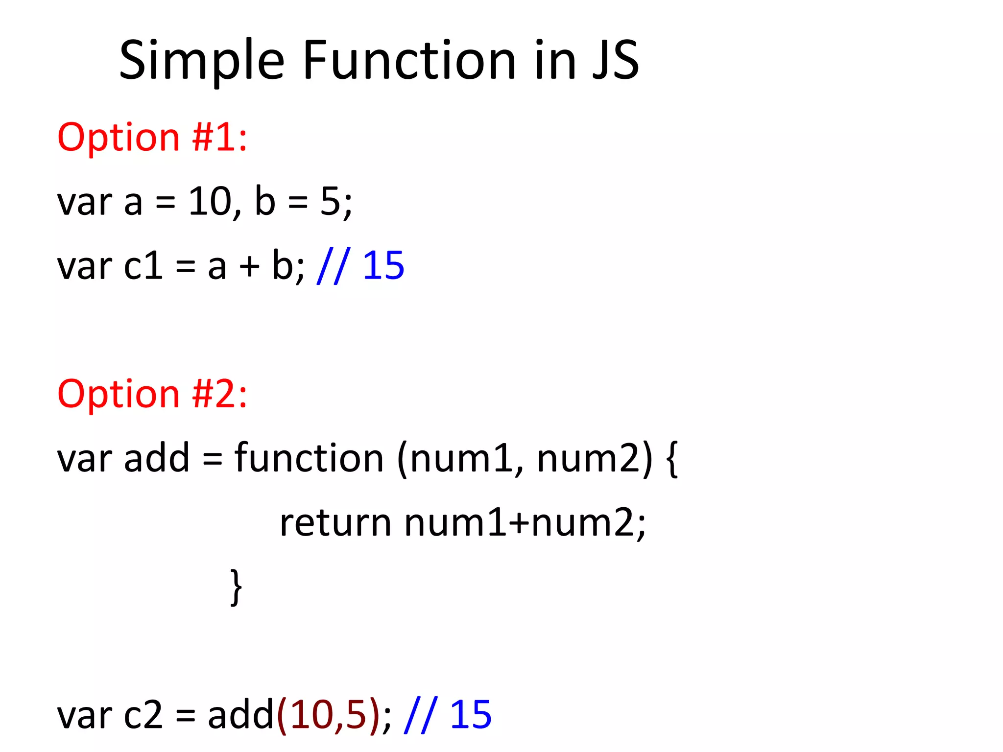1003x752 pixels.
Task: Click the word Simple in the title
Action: pos(201,61)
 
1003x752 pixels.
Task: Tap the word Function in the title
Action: pos(409,61)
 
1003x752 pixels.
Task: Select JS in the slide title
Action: pos(616,61)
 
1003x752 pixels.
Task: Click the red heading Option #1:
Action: pos(152,138)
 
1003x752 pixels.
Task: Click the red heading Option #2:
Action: pos(152,394)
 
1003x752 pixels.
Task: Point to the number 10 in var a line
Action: pos(210,201)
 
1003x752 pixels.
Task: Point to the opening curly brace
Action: pos(672,459)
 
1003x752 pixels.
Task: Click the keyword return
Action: pos(335,523)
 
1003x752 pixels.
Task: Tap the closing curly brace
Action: pos(236,587)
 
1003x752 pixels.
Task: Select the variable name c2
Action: pos(143,715)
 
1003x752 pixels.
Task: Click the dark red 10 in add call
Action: pos(311,715)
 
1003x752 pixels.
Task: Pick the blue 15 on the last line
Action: pos(470,715)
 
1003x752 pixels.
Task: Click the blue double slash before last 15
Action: pos(421,715)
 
